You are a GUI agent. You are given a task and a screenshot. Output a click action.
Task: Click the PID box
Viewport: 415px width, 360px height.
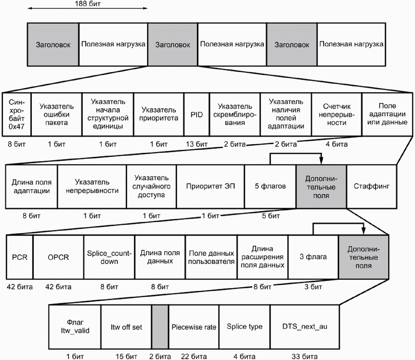click(197, 115)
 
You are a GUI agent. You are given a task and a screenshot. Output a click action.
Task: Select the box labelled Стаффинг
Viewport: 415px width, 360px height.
click(372, 187)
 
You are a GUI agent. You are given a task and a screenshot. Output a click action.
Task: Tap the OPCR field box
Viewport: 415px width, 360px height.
click(58, 257)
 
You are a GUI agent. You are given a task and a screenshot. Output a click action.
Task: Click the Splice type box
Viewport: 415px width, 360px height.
click(244, 327)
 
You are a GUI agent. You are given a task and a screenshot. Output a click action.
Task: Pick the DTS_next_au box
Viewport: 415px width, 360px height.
click(305, 327)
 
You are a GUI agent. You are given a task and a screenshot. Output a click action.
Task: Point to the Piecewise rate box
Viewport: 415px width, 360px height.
click(194, 327)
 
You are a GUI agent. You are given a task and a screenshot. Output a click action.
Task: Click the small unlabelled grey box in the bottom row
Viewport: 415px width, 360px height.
click(160, 327)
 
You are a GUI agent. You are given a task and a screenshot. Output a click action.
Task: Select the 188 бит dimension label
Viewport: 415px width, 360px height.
click(88, 4)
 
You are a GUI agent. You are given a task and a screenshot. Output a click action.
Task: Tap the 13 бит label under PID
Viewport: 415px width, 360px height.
click(197, 144)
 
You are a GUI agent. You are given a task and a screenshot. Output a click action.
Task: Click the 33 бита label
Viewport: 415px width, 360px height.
click(305, 356)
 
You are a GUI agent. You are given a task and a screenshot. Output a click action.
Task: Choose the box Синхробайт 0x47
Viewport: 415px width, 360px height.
click(17, 115)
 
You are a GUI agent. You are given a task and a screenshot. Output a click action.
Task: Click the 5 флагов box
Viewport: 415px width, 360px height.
click(270, 187)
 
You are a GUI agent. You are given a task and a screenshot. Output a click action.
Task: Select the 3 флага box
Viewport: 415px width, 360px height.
click(313, 257)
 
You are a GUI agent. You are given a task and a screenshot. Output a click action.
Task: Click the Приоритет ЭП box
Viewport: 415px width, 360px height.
click(211, 187)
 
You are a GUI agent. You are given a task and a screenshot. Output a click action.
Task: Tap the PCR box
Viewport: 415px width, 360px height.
click(20, 257)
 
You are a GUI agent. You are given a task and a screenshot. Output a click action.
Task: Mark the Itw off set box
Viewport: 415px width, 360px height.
click(126, 327)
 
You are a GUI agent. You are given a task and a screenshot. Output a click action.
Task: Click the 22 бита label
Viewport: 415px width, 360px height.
click(194, 356)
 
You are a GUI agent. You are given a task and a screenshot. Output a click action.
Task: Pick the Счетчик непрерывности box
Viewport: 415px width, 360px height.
click(337, 115)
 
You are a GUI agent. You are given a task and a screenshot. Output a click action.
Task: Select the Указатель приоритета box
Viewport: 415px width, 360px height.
click(159, 115)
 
